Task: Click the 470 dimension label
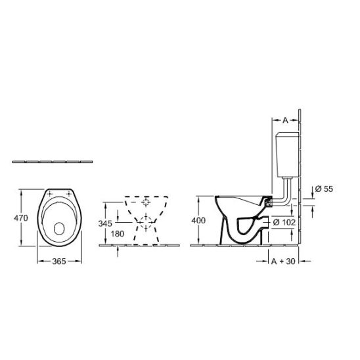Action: point(21,217)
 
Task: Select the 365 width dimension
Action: point(59,261)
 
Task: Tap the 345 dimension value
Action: point(105,223)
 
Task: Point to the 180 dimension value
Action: point(118,234)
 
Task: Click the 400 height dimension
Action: point(198,221)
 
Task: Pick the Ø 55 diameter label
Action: point(324,189)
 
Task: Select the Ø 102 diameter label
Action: point(284,222)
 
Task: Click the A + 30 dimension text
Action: point(283,261)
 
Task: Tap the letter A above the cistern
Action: point(285,120)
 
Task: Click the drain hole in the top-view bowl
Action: point(59,229)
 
